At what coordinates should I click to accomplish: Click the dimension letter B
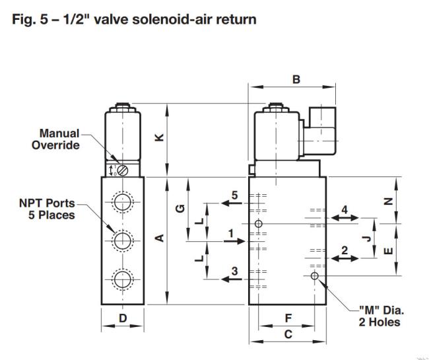[296, 79]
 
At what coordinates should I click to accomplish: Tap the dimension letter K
[159, 137]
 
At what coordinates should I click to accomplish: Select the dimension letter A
[159, 238]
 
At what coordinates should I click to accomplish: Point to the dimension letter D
[123, 318]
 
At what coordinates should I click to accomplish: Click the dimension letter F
[288, 318]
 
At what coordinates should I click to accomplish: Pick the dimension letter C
[288, 334]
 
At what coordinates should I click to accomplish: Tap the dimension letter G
[180, 209]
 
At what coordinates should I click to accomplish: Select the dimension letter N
[388, 201]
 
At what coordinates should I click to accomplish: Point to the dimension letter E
[388, 251]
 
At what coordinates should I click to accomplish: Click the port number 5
[235, 196]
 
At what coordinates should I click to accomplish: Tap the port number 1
[231, 234]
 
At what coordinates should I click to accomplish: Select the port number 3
[235, 271]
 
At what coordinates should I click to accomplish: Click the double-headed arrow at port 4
[345, 218]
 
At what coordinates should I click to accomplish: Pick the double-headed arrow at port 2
[345, 258]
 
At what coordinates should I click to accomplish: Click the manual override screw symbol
[123, 170]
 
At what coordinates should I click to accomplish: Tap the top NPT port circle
[123, 202]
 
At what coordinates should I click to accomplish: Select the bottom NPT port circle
[123, 280]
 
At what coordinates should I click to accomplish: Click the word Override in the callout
[55, 145]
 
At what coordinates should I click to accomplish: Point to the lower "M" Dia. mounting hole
[315, 275]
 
